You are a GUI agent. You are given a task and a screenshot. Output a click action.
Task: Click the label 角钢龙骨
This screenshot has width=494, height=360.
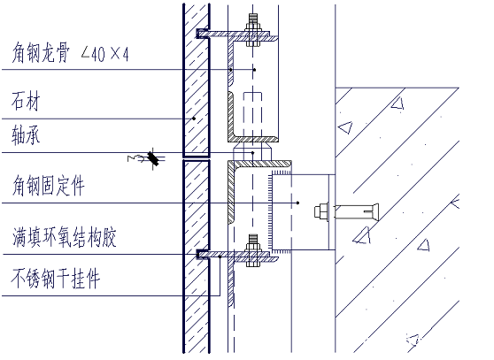(41, 52)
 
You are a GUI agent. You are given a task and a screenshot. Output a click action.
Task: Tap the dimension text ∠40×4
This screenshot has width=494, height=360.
(105, 54)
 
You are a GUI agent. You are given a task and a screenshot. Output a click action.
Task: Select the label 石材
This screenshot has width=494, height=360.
(26, 101)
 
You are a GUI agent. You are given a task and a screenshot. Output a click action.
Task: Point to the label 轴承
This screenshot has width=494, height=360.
(26, 135)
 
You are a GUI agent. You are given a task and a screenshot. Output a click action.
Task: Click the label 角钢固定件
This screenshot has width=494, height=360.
(48, 186)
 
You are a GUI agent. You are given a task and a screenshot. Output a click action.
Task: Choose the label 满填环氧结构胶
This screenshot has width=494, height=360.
(65, 237)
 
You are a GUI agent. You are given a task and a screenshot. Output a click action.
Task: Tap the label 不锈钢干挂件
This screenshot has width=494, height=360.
(56, 279)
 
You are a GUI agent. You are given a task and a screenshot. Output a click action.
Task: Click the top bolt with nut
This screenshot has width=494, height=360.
(253, 30)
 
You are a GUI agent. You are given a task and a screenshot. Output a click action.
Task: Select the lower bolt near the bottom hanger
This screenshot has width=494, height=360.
(253, 250)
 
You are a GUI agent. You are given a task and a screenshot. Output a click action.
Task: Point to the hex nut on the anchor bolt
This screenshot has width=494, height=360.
(321, 211)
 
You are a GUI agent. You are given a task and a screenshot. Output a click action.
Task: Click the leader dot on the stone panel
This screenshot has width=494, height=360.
(194, 119)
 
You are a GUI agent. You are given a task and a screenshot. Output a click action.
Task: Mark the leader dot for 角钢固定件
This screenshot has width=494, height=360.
(298, 203)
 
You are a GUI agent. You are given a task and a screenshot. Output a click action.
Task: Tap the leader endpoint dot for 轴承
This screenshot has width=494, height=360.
(252, 153)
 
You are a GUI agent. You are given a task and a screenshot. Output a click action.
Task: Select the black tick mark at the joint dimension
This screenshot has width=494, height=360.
(153, 158)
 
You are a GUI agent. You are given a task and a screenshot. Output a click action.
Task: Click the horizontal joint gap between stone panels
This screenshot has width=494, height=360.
(197, 158)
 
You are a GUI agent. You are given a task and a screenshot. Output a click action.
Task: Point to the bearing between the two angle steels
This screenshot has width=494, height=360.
(252, 151)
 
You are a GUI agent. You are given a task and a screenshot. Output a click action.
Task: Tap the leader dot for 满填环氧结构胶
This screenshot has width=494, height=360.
(220, 257)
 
